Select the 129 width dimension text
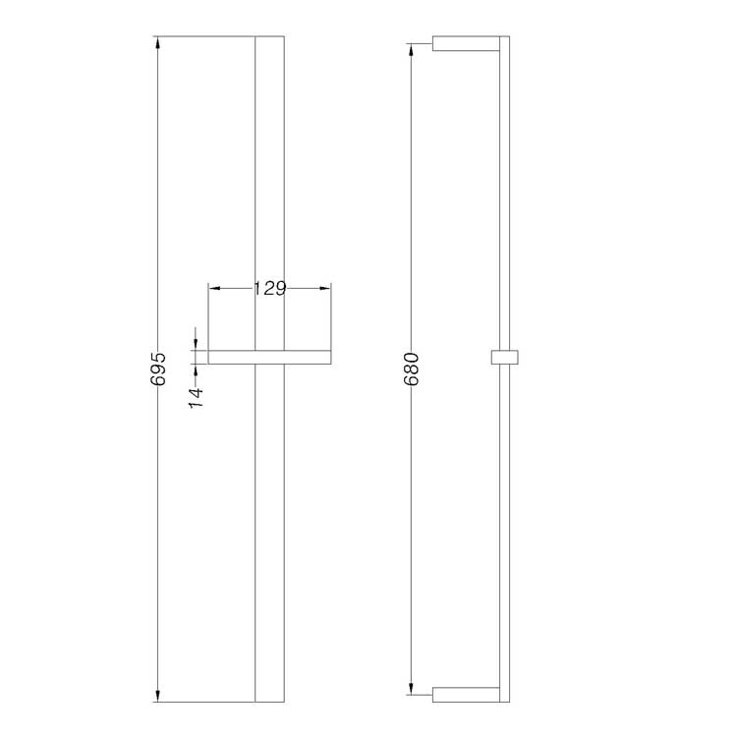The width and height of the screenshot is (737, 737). (x=268, y=289)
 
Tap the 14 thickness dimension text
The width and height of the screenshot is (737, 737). (x=197, y=397)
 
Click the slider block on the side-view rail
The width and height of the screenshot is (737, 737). (x=504, y=356)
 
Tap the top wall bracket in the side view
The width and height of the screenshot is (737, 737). (x=467, y=44)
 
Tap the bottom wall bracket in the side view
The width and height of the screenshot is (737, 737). (x=467, y=695)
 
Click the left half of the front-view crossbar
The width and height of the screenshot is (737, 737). (x=231, y=357)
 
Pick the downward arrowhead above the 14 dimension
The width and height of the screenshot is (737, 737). (x=197, y=344)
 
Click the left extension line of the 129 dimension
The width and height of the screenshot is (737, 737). (x=208, y=314)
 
